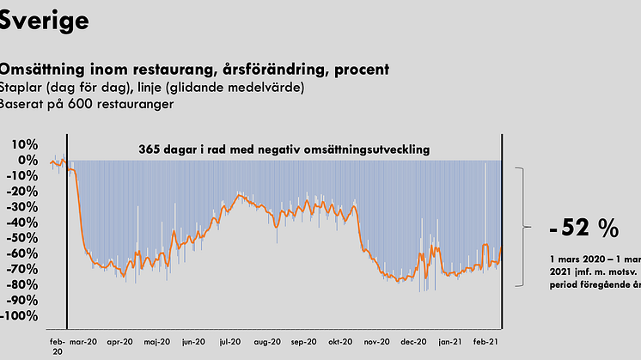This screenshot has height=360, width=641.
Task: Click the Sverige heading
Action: (x=44, y=20)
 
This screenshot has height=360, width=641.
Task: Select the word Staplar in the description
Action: (x=20, y=88)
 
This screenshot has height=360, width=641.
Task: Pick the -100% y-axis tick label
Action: (x=20, y=316)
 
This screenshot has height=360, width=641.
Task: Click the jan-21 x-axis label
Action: (x=449, y=340)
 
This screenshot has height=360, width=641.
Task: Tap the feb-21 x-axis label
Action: (x=486, y=340)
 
